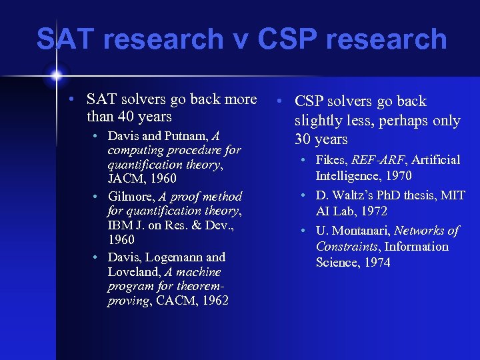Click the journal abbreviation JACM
126,179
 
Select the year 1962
213,301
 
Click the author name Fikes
331,160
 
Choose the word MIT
452,195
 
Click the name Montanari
361,231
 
